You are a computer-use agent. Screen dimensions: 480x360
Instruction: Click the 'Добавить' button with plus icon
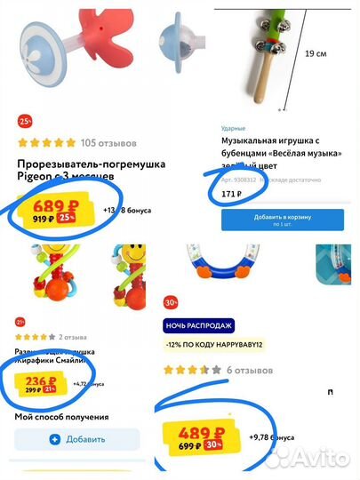[77, 439]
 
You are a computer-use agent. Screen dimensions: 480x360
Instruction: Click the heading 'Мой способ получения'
[61, 416]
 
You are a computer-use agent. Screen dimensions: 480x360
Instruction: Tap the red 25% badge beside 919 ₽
[66, 219]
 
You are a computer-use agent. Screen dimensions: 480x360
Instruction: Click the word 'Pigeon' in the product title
[36, 177]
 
